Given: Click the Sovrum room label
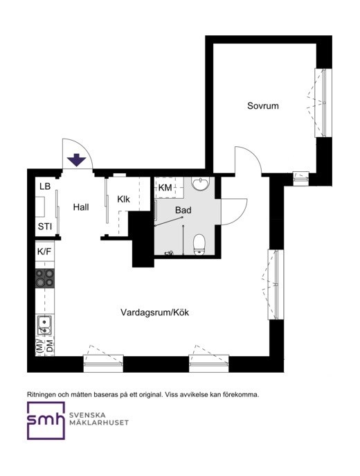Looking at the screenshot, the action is pyautogui.click(x=262, y=106).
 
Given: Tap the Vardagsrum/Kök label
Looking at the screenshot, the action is pyautogui.click(x=154, y=312).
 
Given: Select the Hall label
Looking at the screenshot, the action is pyautogui.click(x=81, y=207).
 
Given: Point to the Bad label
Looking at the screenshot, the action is pyautogui.click(x=183, y=210).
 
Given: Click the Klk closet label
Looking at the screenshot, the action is pyautogui.click(x=123, y=199).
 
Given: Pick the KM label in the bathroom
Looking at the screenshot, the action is pyautogui.click(x=165, y=188).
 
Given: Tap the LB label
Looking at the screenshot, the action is pyautogui.click(x=45, y=186).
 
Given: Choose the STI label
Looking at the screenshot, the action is pyautogui.click(x=45, y=227).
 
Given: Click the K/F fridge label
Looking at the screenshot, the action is pyautogui.click(x=44, y=252).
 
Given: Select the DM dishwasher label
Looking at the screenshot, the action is pyautogui.click(x=50, y=346).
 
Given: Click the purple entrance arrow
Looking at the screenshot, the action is pyautogui.click(x=77, y=160).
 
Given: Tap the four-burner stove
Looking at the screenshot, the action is pyautogui.click(x=45, y=279).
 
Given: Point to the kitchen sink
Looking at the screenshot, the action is pyautogui.click(x=44, y=325).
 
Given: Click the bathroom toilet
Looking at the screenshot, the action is pyautogui.click(x=199, y=244).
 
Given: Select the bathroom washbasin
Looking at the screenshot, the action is pyautogui.click(x=200, y=184).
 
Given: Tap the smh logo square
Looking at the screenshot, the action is pyautogui.click(x=46, y=421).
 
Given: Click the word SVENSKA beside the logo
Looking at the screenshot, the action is pyautogui.click(x=87, y=415).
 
